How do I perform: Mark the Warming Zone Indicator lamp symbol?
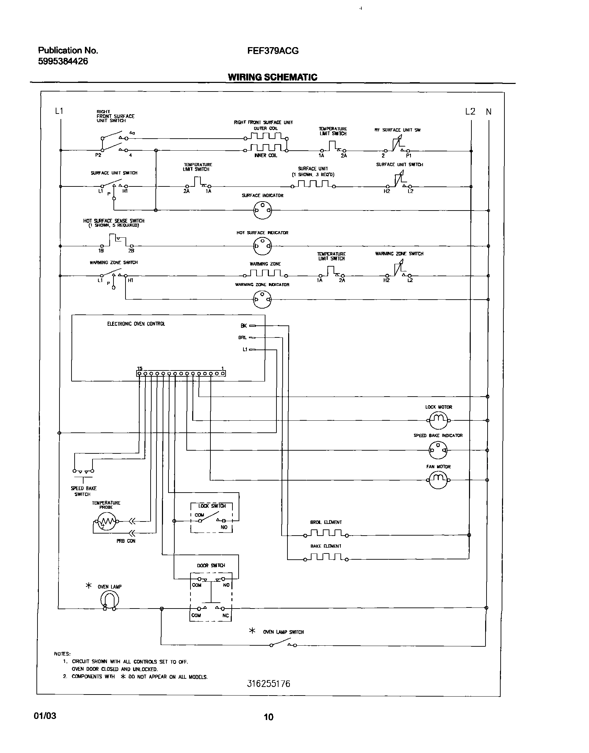click(262, 299)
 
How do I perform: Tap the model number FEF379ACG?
click(273, 51)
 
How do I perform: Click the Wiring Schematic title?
click(272, 77)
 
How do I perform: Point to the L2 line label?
click(470, 111)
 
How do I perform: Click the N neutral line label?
click(489, 112)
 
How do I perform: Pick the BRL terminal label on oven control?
click(242, 338)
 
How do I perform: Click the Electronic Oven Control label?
click(136, 324)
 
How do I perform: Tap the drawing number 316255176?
click(269, 684)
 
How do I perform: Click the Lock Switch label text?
click(212, 506)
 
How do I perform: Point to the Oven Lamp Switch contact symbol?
click(283, 644)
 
